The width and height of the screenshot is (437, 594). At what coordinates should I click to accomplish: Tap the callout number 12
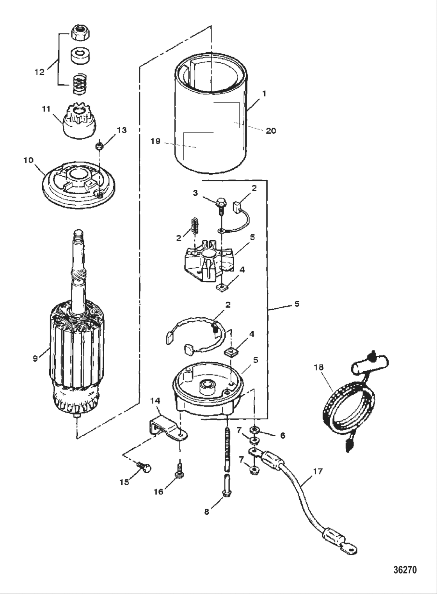39,72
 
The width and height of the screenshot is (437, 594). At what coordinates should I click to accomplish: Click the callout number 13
122,130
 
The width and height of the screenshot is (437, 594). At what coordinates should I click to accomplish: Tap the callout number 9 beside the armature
36,358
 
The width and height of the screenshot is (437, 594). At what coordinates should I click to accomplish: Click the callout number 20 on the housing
270,131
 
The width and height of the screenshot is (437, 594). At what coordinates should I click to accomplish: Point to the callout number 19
155,141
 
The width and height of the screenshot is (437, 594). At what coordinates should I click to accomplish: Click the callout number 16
158,492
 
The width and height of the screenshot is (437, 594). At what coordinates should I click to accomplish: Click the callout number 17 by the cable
318,472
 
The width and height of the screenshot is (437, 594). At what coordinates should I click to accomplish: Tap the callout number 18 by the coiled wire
318,367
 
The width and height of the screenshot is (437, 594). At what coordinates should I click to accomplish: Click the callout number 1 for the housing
264,94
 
